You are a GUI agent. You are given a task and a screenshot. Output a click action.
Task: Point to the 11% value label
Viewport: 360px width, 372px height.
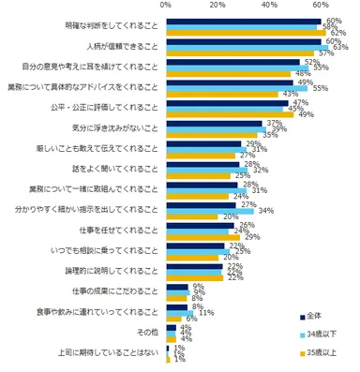click(204, 311)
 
